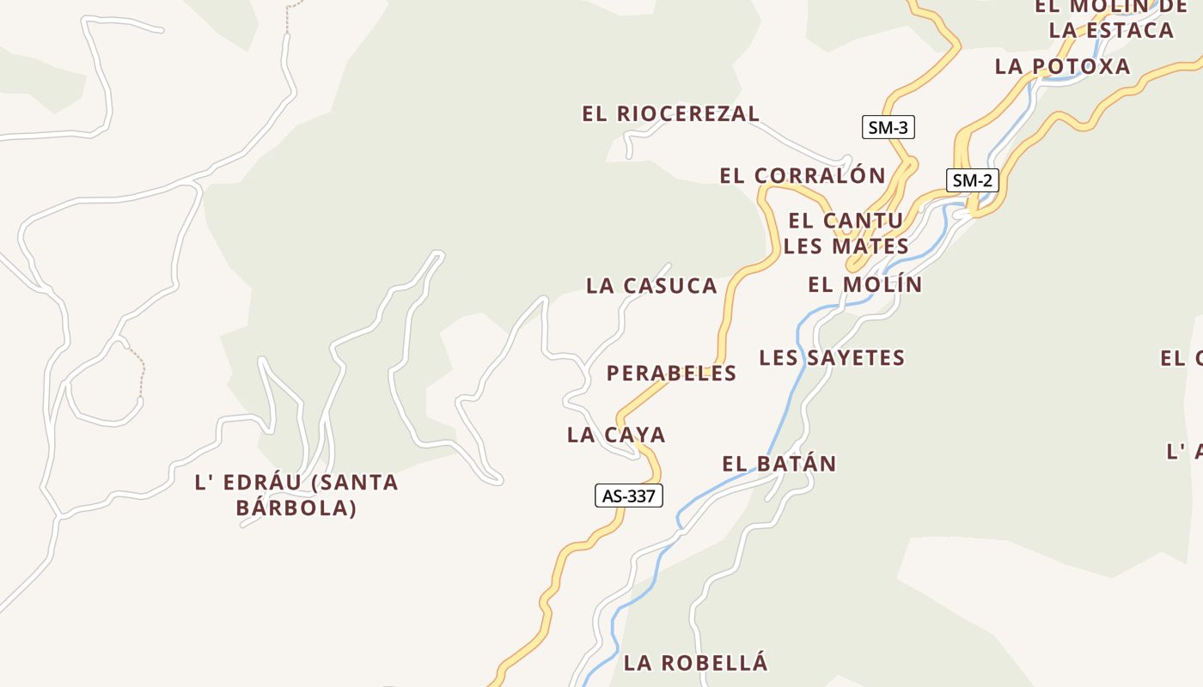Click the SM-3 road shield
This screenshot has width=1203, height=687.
888,128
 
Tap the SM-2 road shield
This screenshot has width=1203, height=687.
973,180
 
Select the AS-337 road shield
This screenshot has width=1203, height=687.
629,495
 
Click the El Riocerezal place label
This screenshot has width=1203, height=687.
670,113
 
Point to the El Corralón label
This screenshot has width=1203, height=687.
803,175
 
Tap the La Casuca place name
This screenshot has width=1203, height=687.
651,286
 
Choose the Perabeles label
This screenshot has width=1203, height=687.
671,373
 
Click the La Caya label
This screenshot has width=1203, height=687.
616,435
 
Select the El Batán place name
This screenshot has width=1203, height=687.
779,464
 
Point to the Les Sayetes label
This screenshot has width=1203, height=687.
832,357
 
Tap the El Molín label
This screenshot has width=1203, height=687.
864,284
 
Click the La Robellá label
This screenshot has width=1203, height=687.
695,663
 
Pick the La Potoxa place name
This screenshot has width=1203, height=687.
1062,66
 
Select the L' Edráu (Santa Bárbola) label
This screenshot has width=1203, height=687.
296,495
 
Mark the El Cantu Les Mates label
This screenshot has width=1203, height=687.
846,234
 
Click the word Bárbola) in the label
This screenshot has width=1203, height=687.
296,508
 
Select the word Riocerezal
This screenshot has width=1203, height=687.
688,113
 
